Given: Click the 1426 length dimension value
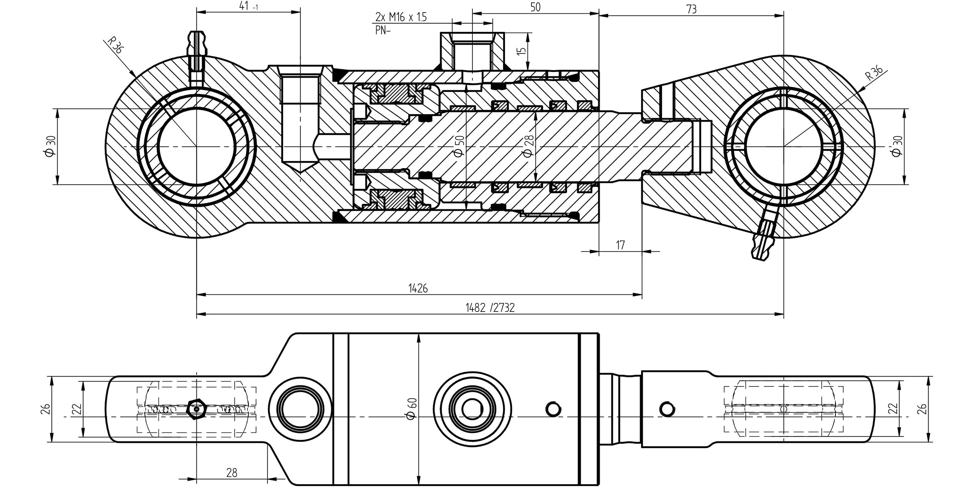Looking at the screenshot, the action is point(418,288).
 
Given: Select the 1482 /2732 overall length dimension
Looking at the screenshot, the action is point(490,308).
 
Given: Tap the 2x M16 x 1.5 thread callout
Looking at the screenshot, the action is point(401,17).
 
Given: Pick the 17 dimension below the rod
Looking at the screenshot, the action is point(620,245).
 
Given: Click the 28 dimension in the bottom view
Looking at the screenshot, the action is point(232,472).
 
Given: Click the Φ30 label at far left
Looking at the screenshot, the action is point(50,146).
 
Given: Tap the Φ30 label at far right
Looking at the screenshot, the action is point(897,146).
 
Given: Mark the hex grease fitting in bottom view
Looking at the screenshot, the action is point(196,409).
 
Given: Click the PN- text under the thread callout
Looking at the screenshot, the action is point(383,30).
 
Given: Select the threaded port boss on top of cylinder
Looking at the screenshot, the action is point(472,52).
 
